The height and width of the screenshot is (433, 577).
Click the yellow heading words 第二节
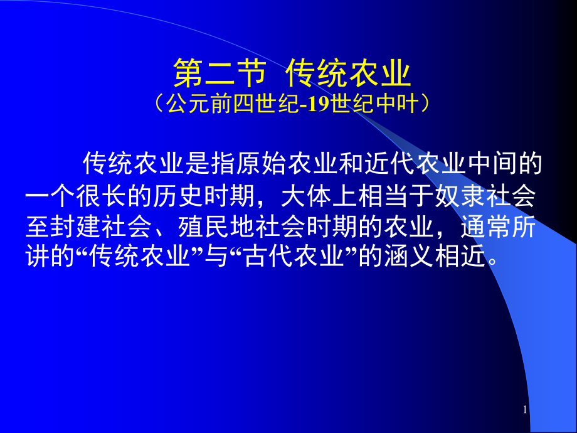220,73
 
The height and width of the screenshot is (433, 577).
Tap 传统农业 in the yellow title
348,73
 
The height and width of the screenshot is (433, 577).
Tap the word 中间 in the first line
492,163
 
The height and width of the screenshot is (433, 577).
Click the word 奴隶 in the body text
460,196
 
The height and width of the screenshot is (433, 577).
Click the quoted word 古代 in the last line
268,256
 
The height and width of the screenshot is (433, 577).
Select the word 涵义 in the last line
409,256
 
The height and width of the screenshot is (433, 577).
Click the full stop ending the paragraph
492,262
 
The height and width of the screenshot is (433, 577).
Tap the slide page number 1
525,409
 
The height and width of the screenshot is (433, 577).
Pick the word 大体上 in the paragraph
319,196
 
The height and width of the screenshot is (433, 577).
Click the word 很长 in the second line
102,196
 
